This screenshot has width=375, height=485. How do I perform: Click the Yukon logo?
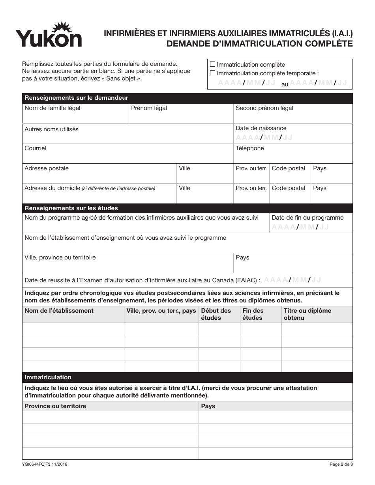(x=49, y=35)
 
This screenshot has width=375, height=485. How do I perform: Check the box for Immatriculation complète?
(x=213, y=64)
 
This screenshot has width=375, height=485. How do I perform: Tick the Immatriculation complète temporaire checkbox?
(x=213, y=73)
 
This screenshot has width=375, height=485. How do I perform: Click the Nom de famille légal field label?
(x=52, y=108)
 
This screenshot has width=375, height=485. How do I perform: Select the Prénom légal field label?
(x=149, y=108)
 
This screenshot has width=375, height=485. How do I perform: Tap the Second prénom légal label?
(x=264, y=108)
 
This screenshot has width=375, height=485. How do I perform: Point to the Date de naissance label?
(x=261, y=128)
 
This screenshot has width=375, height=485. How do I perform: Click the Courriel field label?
(x=35, y=148)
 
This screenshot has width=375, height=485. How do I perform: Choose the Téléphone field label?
(x=249, y=148)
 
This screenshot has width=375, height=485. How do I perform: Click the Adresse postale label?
(x=46, y=168)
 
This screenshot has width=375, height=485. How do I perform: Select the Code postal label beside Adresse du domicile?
(x=288, y=188)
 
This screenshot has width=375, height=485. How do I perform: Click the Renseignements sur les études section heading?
(x=71, y=208)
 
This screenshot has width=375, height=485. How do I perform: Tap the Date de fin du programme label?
(x=307, y=218)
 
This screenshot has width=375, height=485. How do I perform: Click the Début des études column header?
(x=216, y=314)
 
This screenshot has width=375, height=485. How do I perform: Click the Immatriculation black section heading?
(x=48, y=377)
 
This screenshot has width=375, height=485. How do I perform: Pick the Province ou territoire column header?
(x=55, y=406)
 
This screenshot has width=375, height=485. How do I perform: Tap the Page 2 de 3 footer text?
(x=341, y=464)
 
